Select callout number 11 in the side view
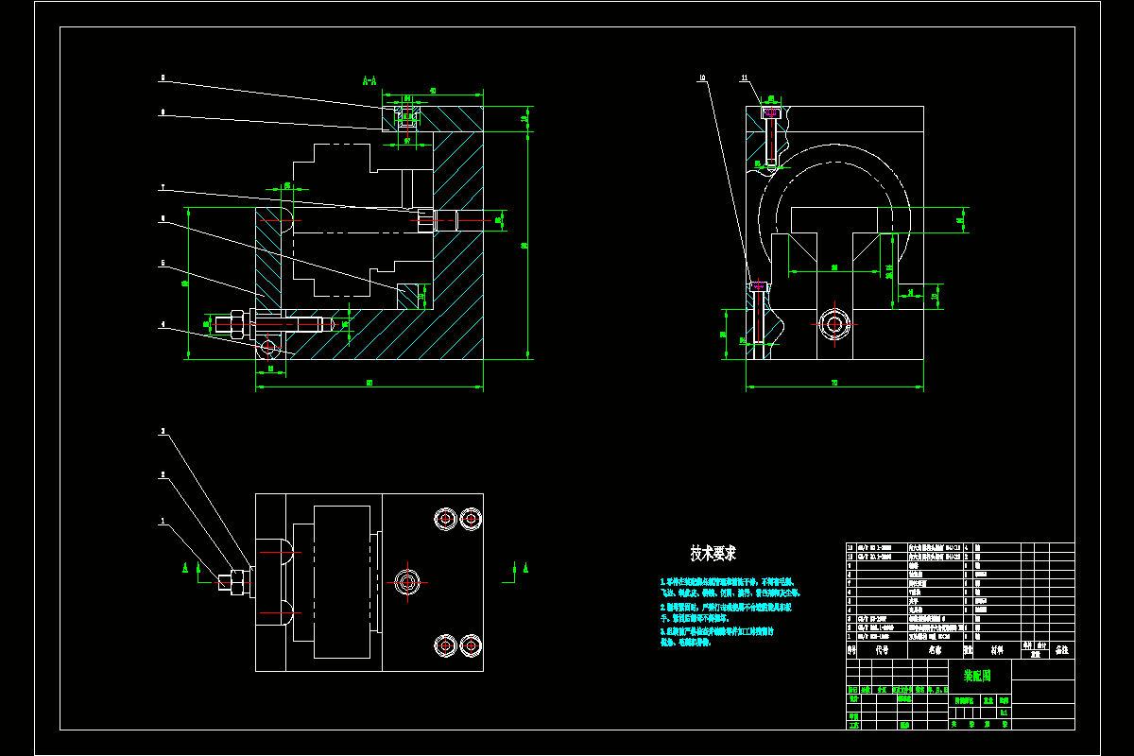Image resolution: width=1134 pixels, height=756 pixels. point(745,77)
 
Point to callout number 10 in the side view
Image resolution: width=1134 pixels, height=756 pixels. point(702,77)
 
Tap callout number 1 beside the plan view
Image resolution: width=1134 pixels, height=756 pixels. point(162,520)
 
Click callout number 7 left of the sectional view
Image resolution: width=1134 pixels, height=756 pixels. point(162,187)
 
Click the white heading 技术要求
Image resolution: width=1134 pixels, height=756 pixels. point(713,553)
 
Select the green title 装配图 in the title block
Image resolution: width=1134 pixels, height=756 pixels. point(977,676)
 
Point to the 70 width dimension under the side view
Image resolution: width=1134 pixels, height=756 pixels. point(834,383)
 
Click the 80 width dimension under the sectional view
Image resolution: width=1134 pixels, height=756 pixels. point(369,383)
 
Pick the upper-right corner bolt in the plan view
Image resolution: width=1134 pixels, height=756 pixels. point(471,518)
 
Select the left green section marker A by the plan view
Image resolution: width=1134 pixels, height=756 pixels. point(186,567)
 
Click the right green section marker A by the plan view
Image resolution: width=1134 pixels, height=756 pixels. point(524,567)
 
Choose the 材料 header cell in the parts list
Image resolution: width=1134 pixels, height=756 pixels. point(997,650)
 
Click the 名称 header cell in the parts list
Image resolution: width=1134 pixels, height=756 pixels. point(935,650)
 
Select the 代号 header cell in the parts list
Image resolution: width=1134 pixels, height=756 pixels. point(882,650)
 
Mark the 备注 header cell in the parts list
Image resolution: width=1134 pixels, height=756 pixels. point(1061,650)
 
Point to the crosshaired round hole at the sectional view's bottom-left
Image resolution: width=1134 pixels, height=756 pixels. point(268,347)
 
